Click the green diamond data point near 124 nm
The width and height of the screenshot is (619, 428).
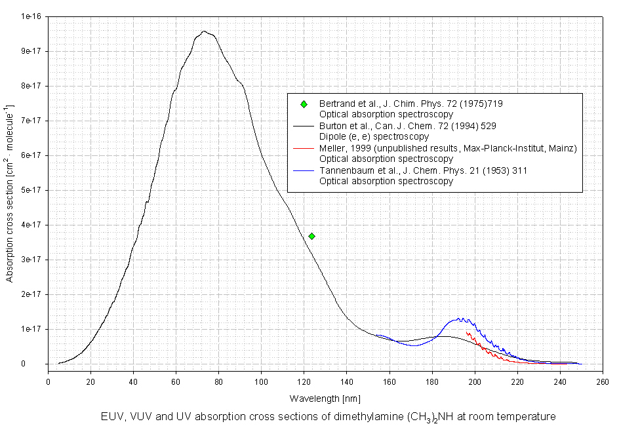(x=311, y=236)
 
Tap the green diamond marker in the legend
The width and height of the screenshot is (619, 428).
(x=304, y=104)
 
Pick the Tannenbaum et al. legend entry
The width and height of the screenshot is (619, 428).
(x=423, y=170)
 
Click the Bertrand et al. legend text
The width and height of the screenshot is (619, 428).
(x=410, y=104)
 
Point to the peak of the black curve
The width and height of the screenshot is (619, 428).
(x=204, y=31)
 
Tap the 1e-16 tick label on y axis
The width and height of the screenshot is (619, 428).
(x=33, y=16)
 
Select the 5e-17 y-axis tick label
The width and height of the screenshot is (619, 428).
(x=33, y=190)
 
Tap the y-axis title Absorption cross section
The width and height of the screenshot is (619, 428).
(x=9, y=190)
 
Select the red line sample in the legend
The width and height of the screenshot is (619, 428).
(x=304, y=148)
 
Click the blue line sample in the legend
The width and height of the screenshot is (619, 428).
(x=304, y=170)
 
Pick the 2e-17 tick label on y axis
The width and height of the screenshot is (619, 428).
(x=33, y=294)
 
